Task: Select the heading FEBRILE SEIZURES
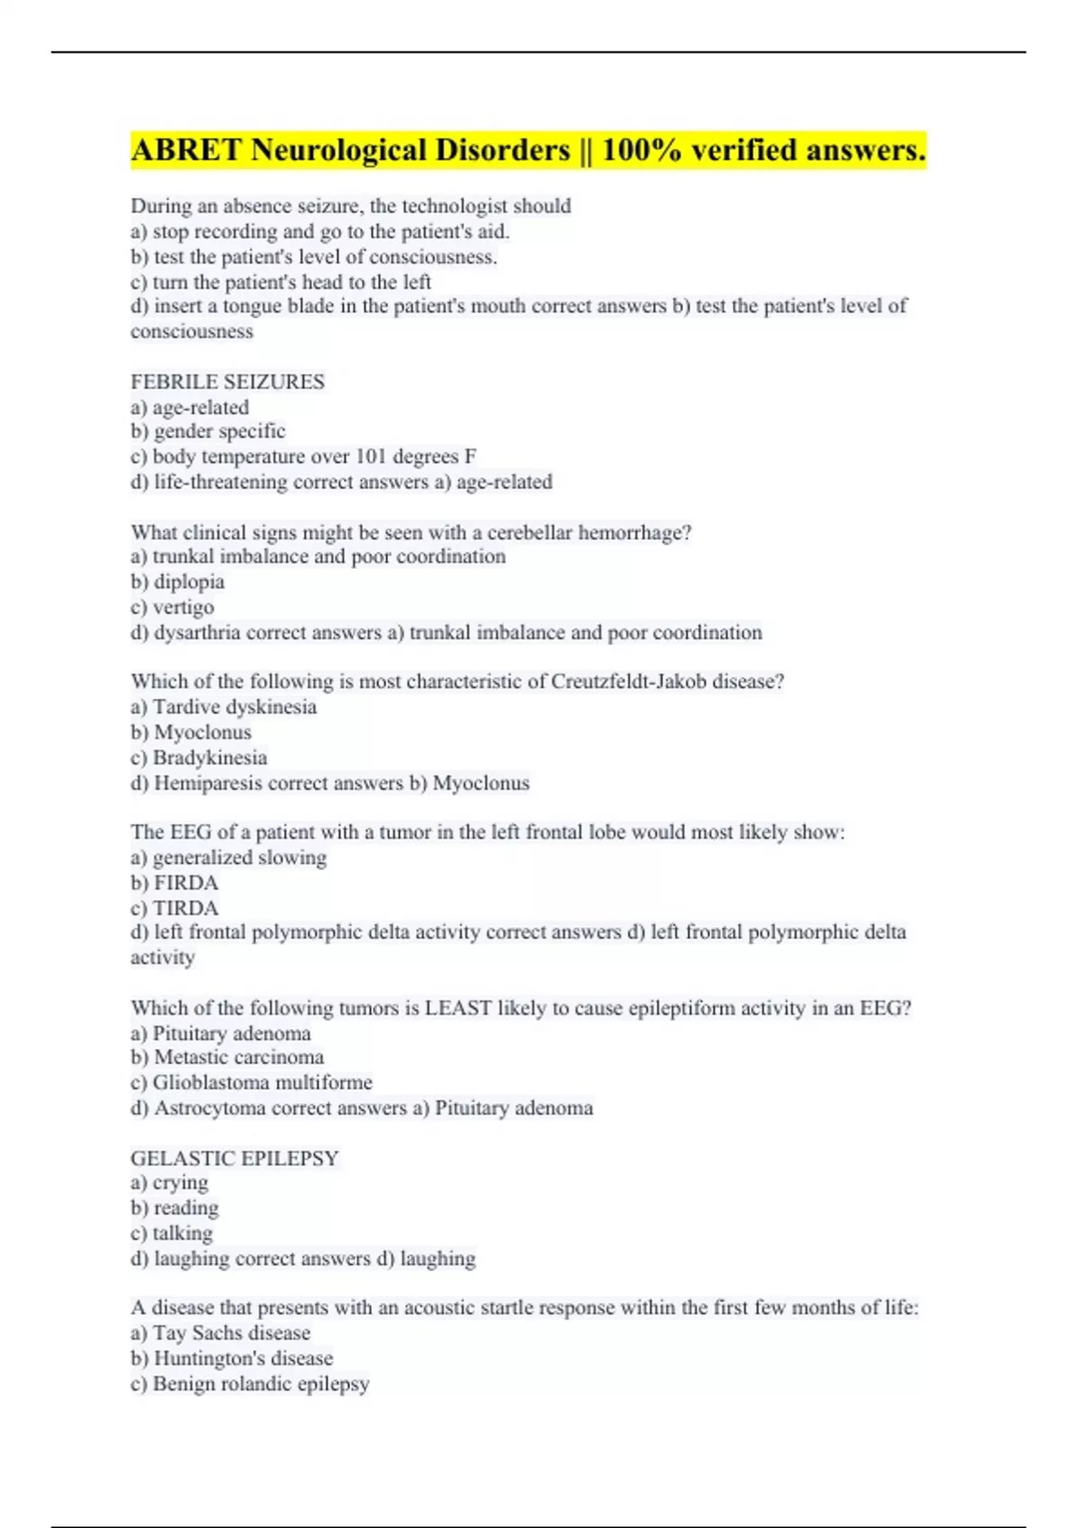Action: tap(227, 382)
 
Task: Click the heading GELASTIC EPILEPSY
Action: tap(234, 1158)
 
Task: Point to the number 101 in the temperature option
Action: tap(369, 457)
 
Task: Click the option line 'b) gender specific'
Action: tap(208, 431)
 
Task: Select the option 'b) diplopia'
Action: tap(177, 582)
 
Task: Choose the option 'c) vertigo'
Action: tap(172, 607)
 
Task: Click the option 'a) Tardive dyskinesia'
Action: tap(223, 707)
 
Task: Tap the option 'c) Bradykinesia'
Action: tap(199, 758)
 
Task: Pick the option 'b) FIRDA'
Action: tap(174, 883)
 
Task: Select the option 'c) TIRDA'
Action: tap(174, 908)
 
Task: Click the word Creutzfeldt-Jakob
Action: tap(628, 682)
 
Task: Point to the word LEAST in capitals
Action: tap(458, 1008)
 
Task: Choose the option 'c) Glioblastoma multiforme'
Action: tap(251, 1082)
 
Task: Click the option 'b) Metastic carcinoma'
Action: tap(226, 1057)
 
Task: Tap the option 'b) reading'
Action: tap(174, 1208)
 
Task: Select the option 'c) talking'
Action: tap(172, 1233)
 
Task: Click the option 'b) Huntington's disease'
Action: tap(231, 1358)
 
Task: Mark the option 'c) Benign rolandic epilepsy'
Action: tap(249, 1383)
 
